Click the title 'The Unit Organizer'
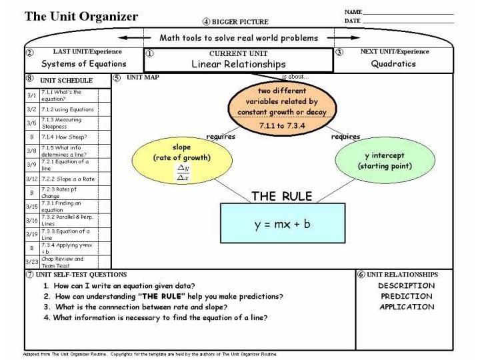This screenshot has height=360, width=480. coord(81,17)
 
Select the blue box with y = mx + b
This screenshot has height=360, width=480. coord(283,225)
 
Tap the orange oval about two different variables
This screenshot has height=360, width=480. coord(282,105)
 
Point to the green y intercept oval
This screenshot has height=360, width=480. coord(379,160)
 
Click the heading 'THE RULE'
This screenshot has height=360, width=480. coord(281,196)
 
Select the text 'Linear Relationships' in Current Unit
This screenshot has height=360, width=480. coord(238,64)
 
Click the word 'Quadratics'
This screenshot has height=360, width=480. coord(393,64)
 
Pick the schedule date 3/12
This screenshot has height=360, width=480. coord(31,178)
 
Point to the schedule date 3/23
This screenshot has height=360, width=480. coord(31,261)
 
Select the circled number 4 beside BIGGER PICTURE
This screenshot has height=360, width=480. coord(207,22)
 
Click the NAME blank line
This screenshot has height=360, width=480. coord(408,13)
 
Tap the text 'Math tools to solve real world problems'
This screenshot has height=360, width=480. coord(239,38)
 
